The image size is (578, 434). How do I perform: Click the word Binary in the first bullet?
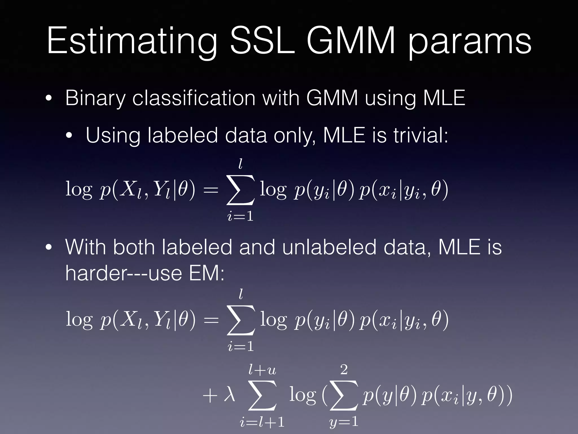(95, 99)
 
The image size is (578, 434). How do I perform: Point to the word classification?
(194, 98)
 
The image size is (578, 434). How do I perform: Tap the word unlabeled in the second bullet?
(329, 247)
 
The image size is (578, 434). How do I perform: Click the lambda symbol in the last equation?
(229, 394)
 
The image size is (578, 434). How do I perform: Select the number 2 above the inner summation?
(344, 370)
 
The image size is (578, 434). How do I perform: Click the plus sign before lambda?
(210, 396)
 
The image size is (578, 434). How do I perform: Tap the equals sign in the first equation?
(211, 190)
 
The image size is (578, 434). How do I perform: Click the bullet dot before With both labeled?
(49, 247)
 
